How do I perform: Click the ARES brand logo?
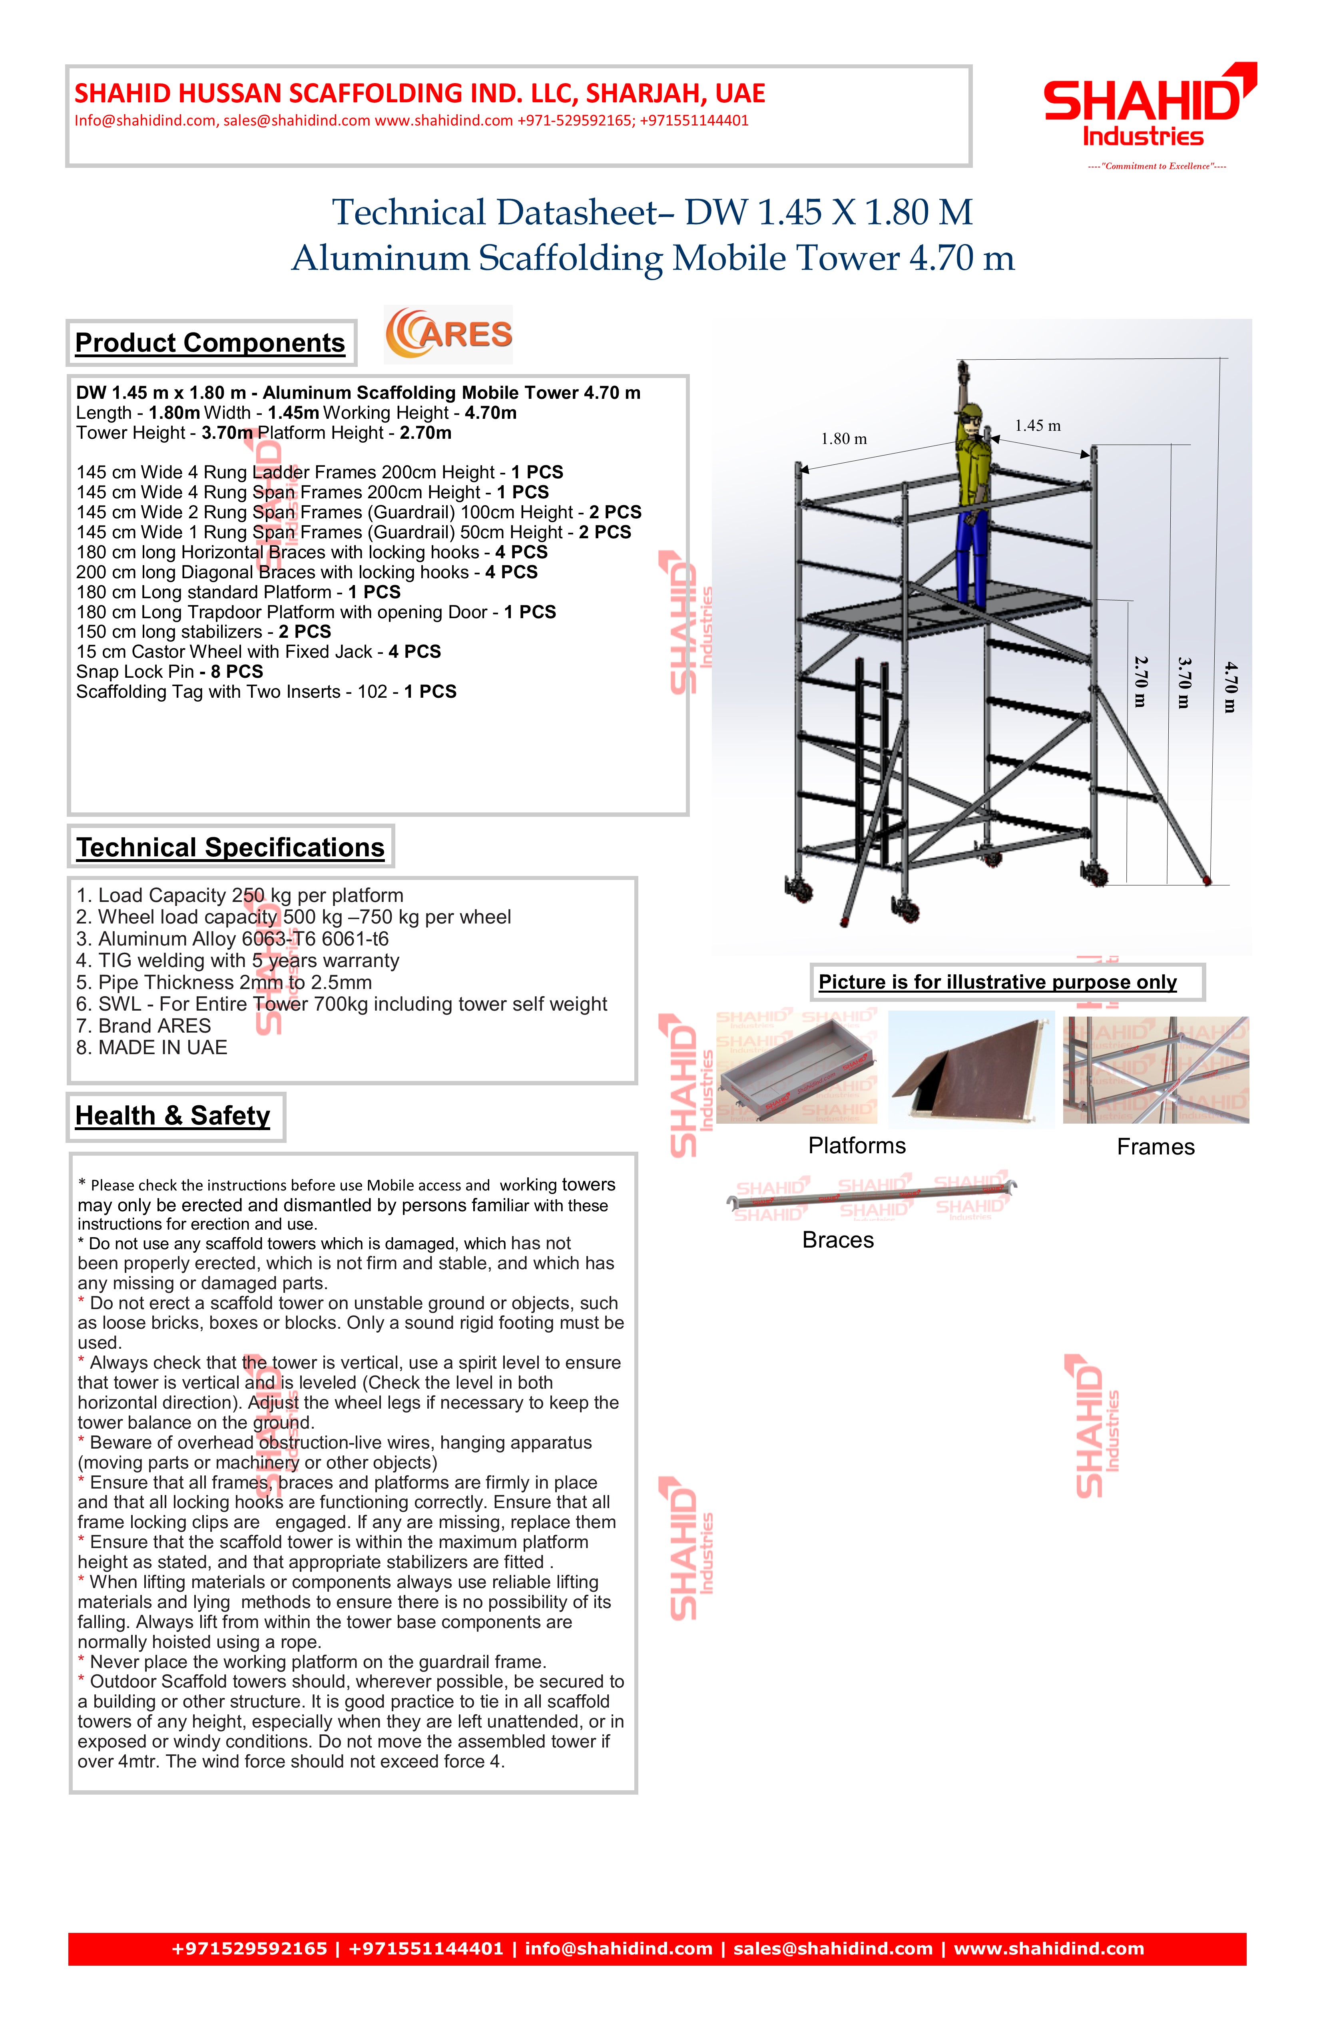(x=449, y=335)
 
